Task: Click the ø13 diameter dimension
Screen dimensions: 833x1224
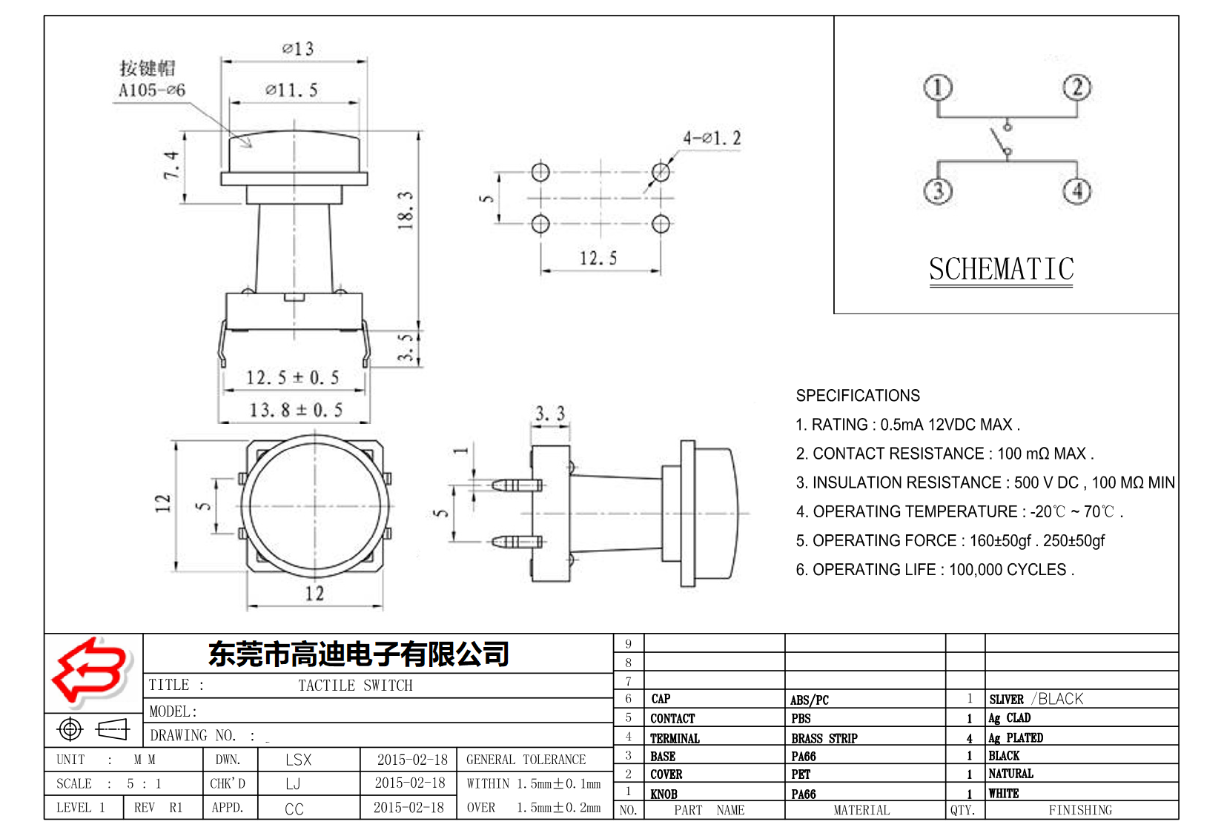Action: pyautogui.click(x=298, y=49)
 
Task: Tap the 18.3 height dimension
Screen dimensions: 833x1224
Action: pyautogui.click(x=405, y=210)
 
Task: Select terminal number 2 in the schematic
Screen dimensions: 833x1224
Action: pyautogui.click(x=1076, y=87)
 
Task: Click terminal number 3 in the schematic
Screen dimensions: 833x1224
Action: pyautogui.click(x=938, y=191)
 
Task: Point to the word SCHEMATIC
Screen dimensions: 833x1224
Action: pyautogui.click(x=1001, y=269)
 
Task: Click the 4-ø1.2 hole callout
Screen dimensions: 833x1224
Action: pyautogui.click(x=712, y=138)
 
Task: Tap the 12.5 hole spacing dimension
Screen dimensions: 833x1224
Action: pyautogui.click(x=598, y=259)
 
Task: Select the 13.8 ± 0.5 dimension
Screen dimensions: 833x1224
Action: pyautogui.click(x=296, y=410)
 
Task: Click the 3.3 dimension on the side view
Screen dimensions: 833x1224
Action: pyautogui.click(x=550, y=414)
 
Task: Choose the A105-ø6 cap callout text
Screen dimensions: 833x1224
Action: pyautogui.click(x=152, y=90)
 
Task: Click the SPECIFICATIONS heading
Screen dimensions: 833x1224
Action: pyautogui.click(x=858, y=396)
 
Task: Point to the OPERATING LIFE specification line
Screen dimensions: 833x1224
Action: pyautogui.click(x=934, y=570)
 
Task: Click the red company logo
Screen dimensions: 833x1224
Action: pyautogui.click(x=90, y=671)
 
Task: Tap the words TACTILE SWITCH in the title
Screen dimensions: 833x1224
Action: pyautogui.click(x=355, y=686)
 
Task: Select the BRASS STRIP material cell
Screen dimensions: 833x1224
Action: pyautogui.click(x=824, y=738)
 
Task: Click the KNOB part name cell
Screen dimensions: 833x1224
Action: pyautogui.click(x=664, y=794)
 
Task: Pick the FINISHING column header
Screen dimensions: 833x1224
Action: pyautogui.click(x=1079, y=810)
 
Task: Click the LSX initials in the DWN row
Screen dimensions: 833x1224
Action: pyautogui.click(x=299, y=760)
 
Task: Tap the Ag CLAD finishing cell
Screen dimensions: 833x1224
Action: pyautogui.click(x=1009, y=718)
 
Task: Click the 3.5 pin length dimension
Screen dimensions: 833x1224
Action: pyautogui.click(x=406, y=347)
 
